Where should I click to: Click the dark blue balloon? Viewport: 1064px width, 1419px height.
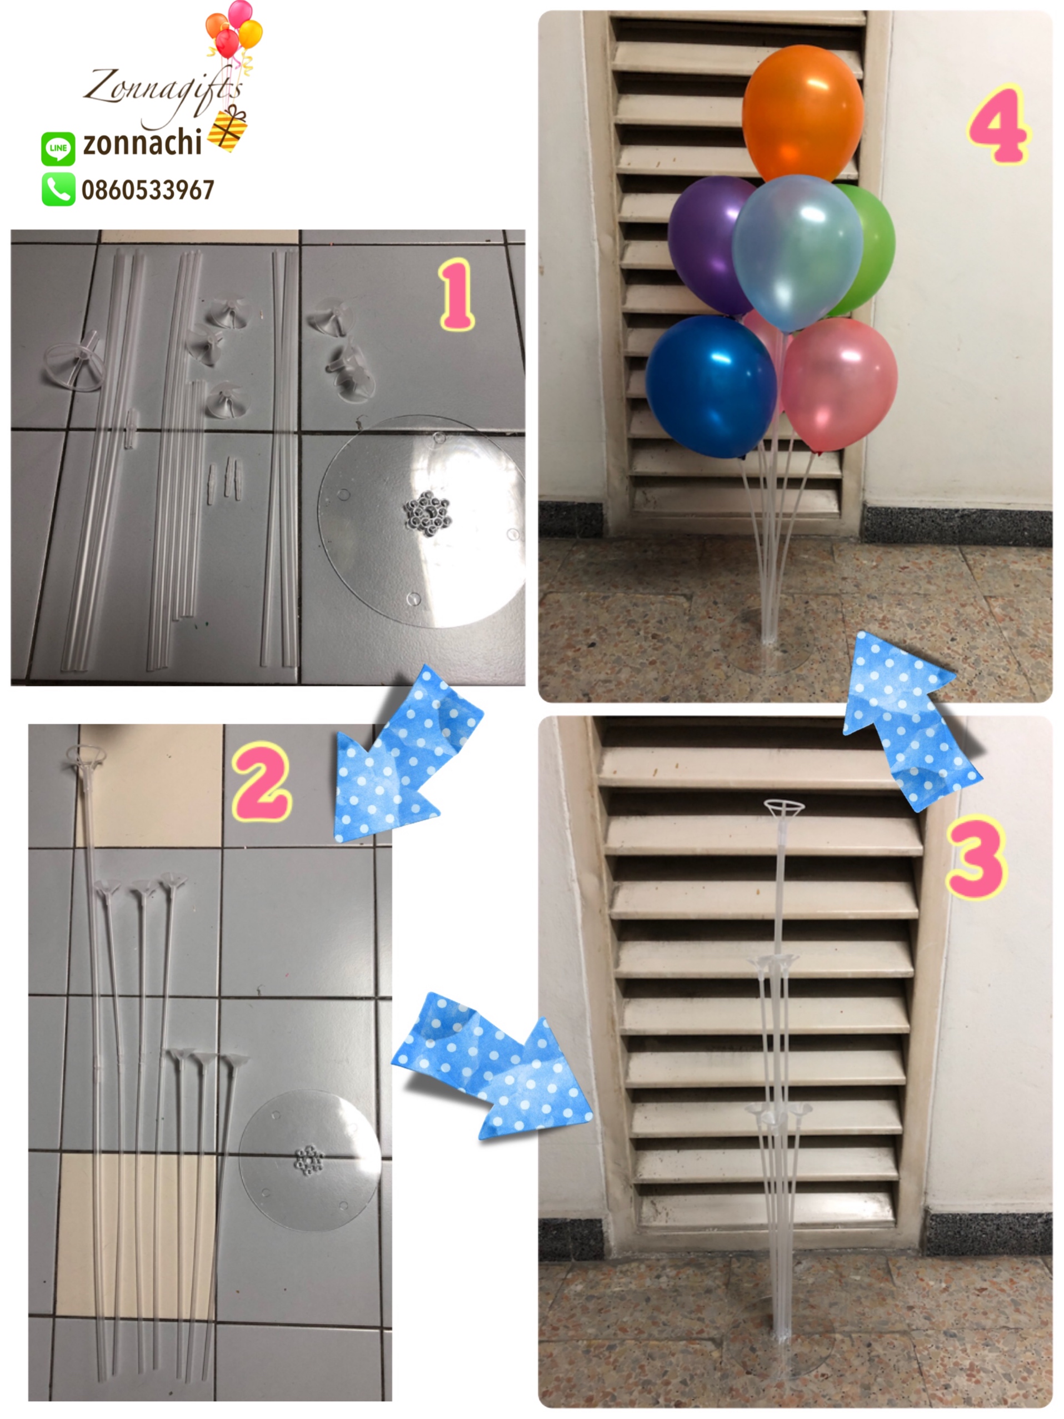coord(711,386)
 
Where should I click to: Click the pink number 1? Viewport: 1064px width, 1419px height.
coord(457,295)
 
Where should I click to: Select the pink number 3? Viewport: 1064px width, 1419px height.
coord(976,857)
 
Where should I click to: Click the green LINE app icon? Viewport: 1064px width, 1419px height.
coord(58,148)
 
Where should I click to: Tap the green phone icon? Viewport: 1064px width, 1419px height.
coord(58,189)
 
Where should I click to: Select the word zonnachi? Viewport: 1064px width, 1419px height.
coord(142,142)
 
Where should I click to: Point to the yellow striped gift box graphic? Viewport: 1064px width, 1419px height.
coord(228,129)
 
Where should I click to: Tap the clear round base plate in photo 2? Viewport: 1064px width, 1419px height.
coord(311,1161)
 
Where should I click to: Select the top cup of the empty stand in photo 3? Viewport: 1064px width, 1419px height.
coord(784,807)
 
